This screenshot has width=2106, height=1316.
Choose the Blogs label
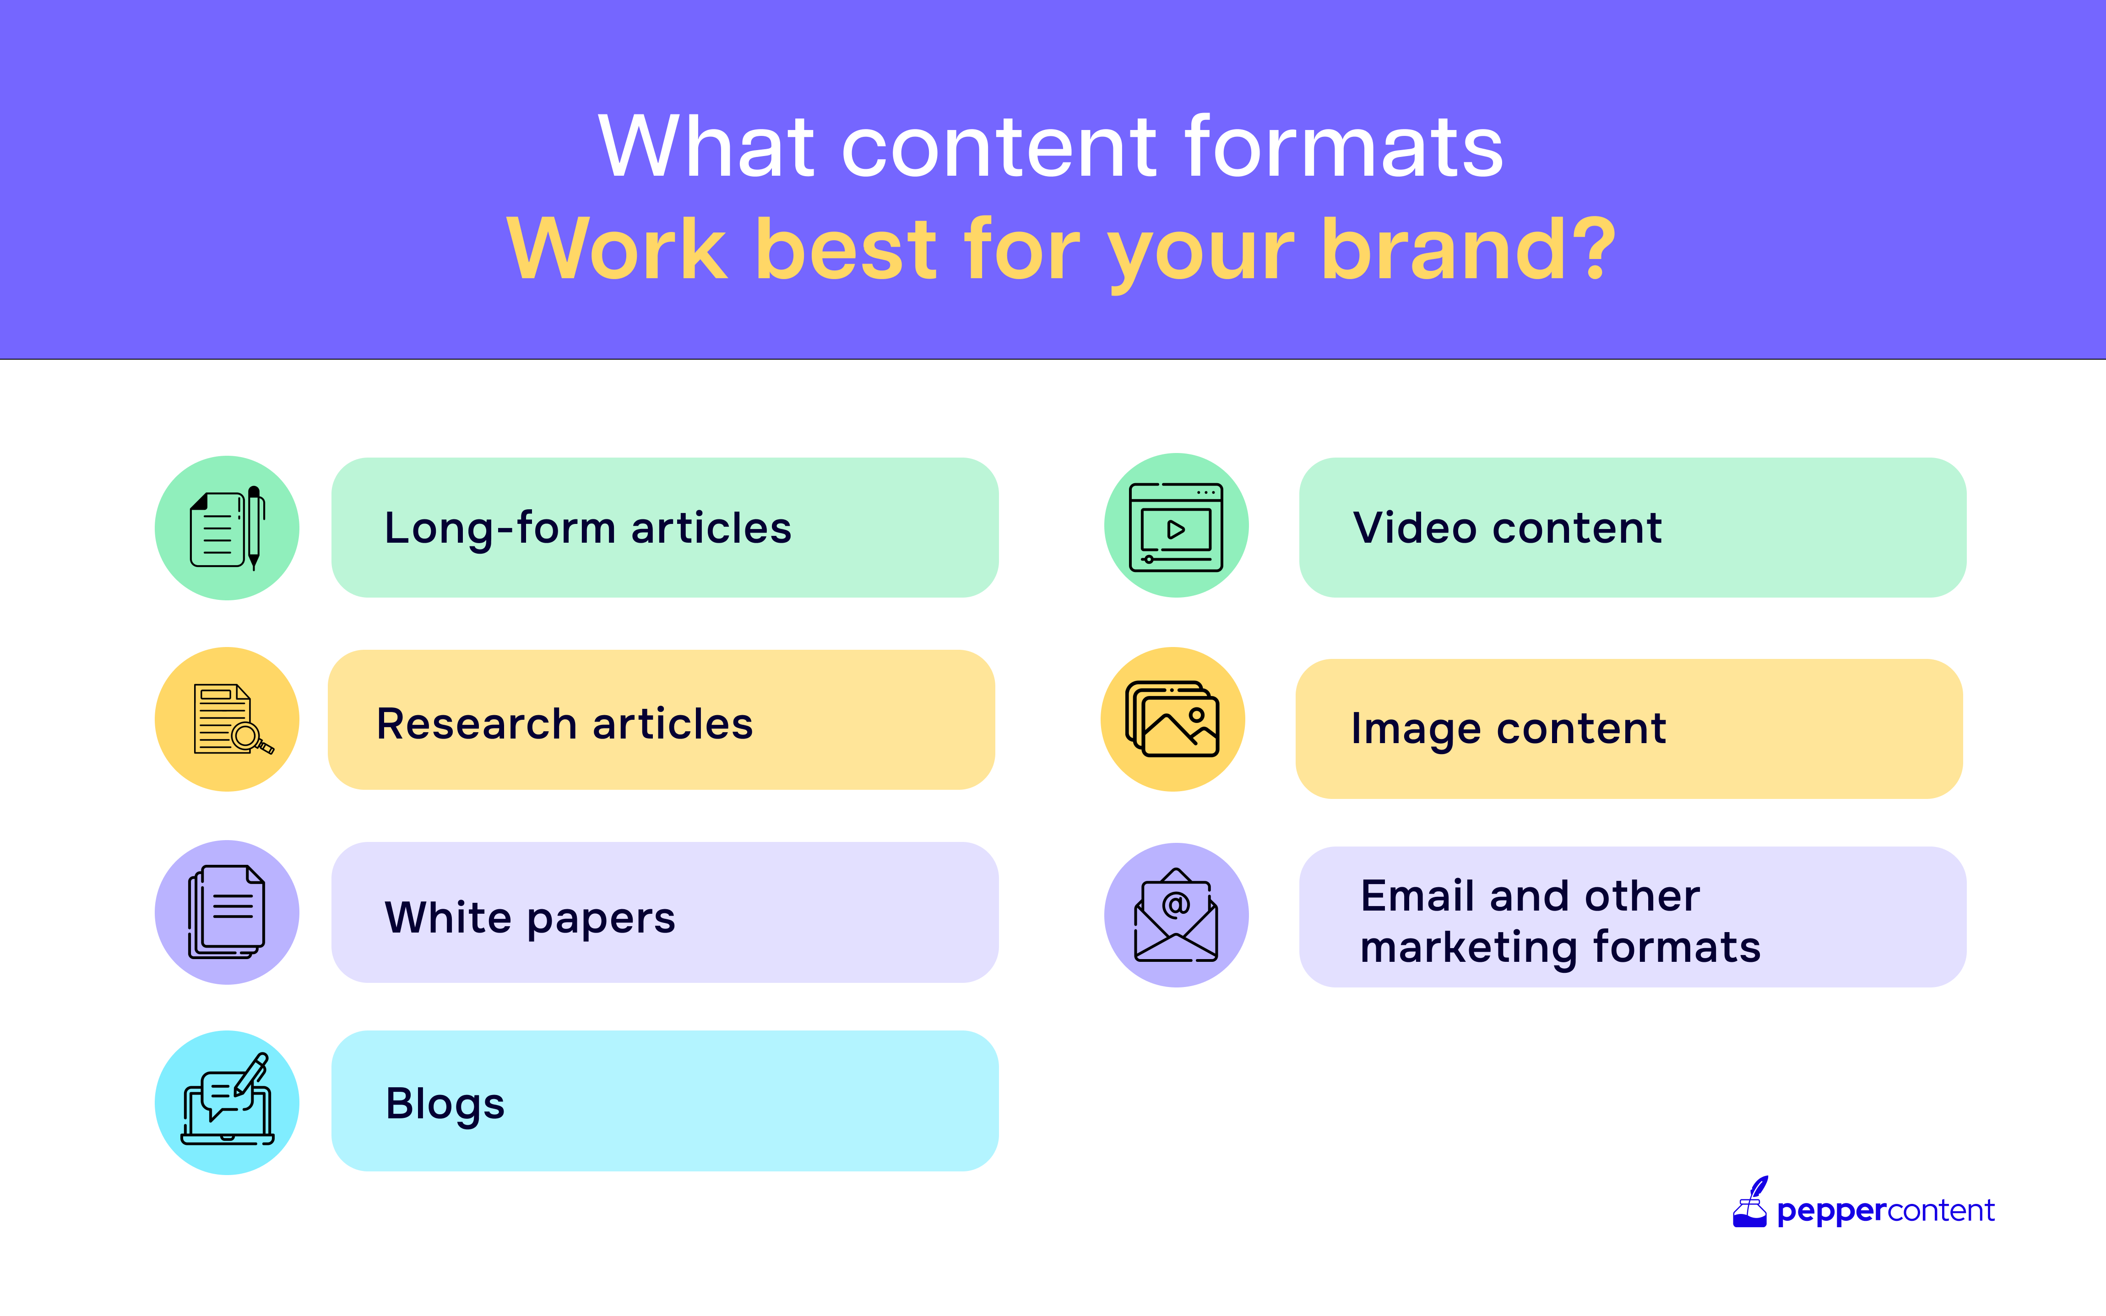(445, 1104)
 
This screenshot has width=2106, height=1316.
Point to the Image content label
(1508, 729)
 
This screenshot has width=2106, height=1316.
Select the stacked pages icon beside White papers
(226, 911)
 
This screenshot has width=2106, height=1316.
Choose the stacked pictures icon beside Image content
(1172, 719)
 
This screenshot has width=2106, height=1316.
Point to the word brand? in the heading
(1468, 250)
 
